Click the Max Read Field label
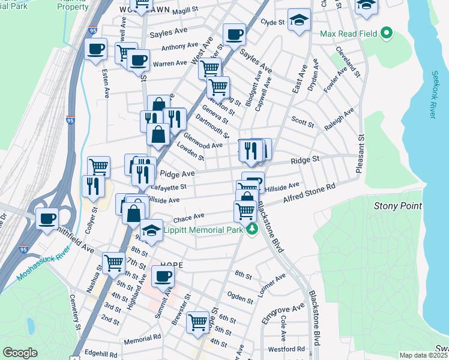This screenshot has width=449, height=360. pyautogui.click(x=348, y=34)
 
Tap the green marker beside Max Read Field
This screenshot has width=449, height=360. pyautogui.click(x=387, y=34)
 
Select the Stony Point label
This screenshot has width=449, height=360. pyautogui.click(x=394, y=206)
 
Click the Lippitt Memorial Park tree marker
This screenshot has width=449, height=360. pyautogui.click(x=253, y=229)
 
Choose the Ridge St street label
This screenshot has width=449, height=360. pyautogui.click(x=304, y=160)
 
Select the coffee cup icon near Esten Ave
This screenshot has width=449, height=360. pyautogui.click(x=95, y=50)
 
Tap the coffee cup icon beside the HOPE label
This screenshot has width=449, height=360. pyautogui.click(x=163, y=277)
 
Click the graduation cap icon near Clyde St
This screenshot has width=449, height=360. pyautogui.click(x=299, y=20)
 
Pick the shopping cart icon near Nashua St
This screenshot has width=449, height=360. pyautogui.click(x=113, y=262)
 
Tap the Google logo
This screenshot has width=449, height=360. pyautogui.click(x=20, y=352)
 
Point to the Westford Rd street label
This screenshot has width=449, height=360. pyautogui.click(x=283, y=349)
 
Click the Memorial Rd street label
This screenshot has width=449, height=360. pyautogui.click(x=142, y=338)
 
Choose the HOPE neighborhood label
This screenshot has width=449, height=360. pyautogui.click(x=172, y=265)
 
